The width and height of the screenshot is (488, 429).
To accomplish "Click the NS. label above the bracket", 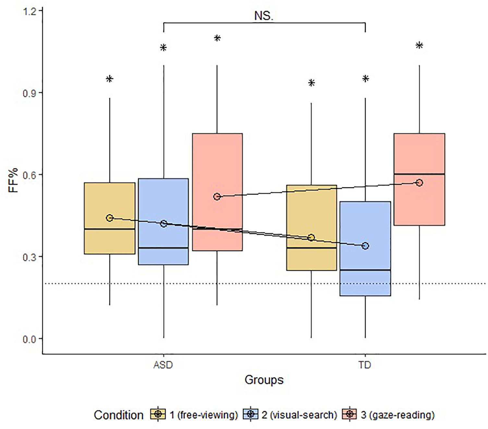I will point(263,16).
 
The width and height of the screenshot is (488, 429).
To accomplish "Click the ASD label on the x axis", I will point(163,365).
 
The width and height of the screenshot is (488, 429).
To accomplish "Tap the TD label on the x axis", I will point(365,365).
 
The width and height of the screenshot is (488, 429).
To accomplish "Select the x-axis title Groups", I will point(264,380).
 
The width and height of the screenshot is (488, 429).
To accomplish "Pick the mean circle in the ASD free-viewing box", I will point(110,218).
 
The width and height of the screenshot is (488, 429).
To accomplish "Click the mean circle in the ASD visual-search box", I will point(164,224).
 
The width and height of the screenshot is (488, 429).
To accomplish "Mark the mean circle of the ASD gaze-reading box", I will point(217,196).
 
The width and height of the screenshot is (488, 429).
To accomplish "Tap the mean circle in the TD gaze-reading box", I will point(419,183).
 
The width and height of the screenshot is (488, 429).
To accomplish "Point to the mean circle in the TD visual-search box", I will point(365,246).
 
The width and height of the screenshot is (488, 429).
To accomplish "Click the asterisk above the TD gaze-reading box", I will point(419,46).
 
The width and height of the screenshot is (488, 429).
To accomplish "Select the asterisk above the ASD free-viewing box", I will point(110,79).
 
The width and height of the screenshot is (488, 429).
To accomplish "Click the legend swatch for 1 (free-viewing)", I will point(158,414).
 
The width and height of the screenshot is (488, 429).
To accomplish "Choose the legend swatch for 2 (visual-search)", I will point(250,414).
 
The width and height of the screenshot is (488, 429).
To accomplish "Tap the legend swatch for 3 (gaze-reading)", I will point(350,414).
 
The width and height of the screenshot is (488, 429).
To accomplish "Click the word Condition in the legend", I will point(118,415).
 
